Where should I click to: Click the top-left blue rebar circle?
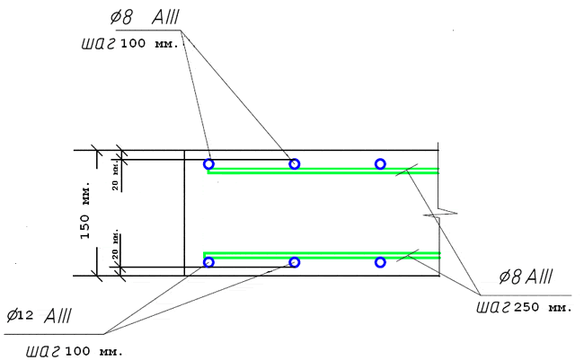[209, 159]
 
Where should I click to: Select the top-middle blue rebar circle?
[294, 159]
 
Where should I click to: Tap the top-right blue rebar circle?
[380, 159]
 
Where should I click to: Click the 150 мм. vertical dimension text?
[85, 210]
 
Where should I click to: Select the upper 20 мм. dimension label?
[116, 175]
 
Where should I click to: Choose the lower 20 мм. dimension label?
[116, 244]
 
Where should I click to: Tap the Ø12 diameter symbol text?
[20, 316]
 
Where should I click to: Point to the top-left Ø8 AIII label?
[145, 17]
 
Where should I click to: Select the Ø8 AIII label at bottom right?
[526, 277]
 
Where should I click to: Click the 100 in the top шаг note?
[133, 44]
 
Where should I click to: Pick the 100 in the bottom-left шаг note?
[77, 351]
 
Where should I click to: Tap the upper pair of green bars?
[323, 171]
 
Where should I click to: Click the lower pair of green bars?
[322, 255]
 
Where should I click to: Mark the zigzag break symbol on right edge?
[440, 214]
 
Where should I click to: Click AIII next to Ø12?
[58, 316]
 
